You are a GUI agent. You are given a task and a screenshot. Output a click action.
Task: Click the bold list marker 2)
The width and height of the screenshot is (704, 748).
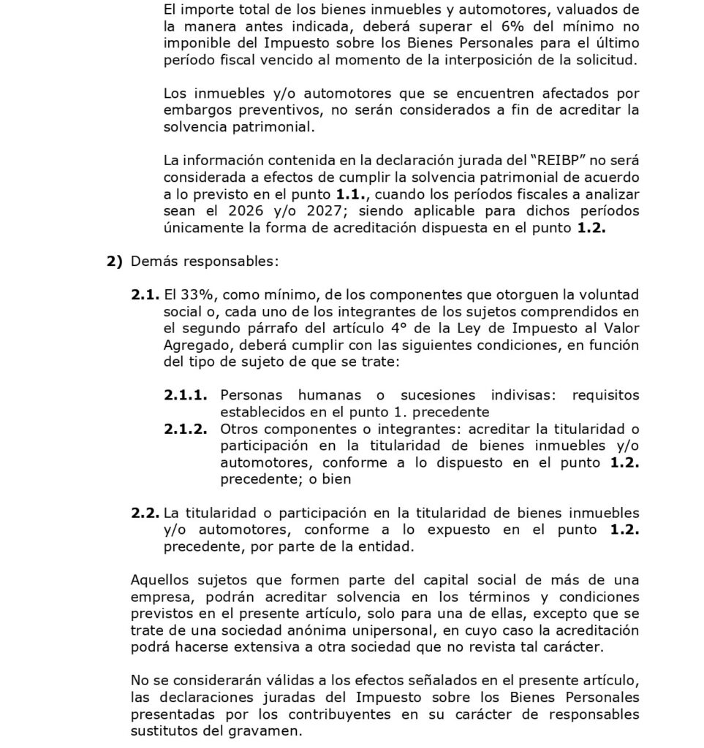coord(115,261)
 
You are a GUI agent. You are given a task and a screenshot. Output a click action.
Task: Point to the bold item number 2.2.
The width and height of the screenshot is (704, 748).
coord(145,513)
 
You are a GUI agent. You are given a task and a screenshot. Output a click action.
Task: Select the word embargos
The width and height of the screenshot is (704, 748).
coord(192,110)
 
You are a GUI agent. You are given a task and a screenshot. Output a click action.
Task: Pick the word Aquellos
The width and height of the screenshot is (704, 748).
coord(159,580)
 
